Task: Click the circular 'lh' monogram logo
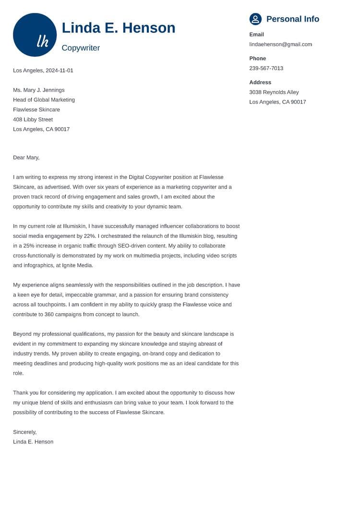(35, 35)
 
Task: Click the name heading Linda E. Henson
(119, 28)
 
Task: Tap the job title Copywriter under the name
(81, 48)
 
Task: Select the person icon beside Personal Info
(255, 19)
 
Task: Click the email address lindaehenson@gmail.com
(280, 44)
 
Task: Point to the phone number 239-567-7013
(266, 68)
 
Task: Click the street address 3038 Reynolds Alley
(274, 92)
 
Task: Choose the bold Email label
(256, 35)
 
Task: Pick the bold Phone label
(257, 59)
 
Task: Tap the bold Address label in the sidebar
(260, 83)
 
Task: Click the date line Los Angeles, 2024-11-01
(43, 71)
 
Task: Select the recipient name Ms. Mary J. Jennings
(38, 90)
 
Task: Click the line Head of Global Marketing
(44, 100)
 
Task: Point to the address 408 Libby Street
(33, 119)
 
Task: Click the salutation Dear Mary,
(26, 157)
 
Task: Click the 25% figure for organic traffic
(31, 246)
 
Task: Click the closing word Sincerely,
(24, 432)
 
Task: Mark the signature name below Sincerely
(33, 442)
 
